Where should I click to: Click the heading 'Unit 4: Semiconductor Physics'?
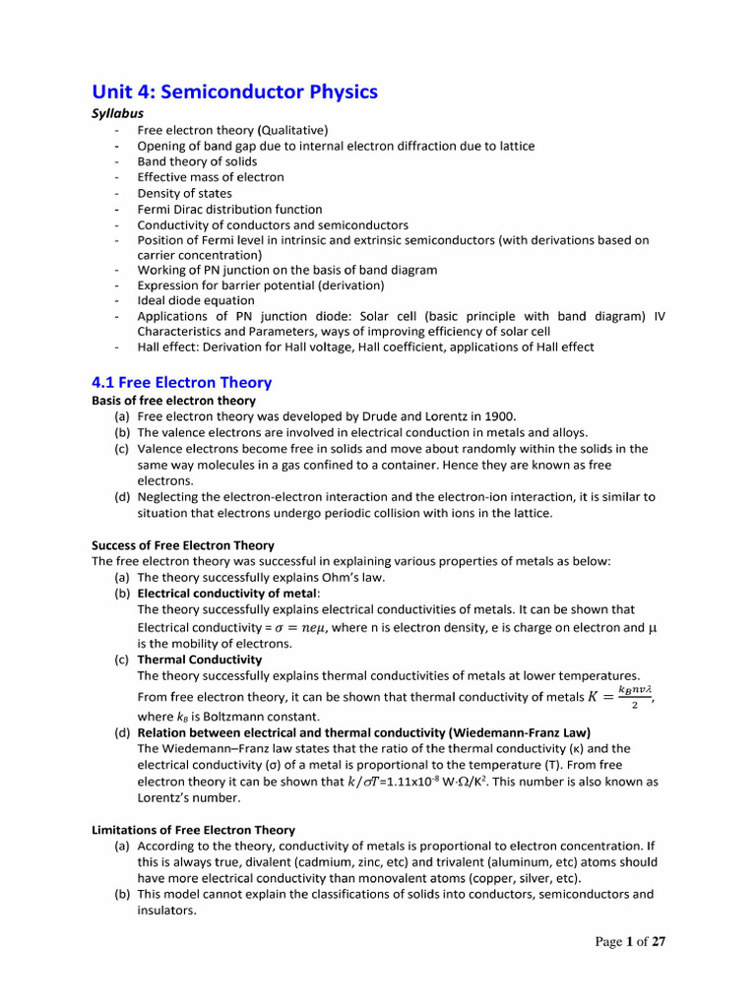pos(234,92)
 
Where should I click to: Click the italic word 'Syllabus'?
pos(117,113)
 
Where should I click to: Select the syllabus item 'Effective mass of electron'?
pos(211,177)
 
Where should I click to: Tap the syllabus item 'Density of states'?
pos(185,193)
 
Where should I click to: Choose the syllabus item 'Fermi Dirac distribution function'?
pos(229,209)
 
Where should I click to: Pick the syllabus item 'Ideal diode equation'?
pos(196,300)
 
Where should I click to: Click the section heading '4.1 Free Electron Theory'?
pos(182,382)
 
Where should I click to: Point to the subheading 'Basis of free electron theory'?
pos(173,401)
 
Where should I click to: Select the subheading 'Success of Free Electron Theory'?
pos(183,544)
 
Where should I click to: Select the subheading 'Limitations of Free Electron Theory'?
pos(193,830)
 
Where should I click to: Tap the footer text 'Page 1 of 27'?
pos(630,942)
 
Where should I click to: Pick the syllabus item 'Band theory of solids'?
pos(197,161)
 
